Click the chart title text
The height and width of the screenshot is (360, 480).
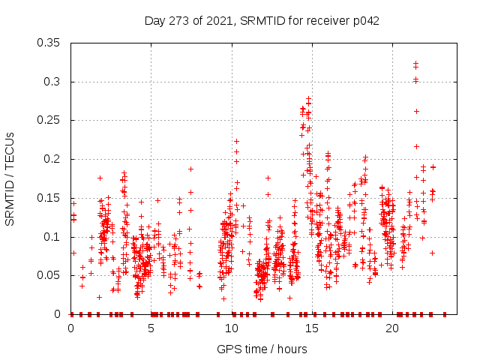262,21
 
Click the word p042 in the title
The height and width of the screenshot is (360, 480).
366,21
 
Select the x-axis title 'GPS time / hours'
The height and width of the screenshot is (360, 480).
262,349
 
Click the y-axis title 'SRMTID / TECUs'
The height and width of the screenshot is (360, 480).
10,179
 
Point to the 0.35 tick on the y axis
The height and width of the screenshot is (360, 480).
50,43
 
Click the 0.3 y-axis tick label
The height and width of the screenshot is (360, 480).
54,82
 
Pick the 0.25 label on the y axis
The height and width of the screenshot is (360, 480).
50,120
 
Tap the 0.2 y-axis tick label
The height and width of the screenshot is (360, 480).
54,159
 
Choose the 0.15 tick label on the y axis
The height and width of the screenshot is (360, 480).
50,198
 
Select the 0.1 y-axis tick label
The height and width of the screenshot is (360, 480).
54,237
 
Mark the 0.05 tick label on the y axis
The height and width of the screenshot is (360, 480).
50,275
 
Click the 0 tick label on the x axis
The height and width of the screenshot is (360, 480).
71,328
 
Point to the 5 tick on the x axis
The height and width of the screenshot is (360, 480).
151,328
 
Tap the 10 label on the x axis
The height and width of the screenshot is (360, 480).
232,328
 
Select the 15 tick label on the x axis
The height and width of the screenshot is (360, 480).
312,328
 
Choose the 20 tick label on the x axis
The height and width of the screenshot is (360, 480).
392,328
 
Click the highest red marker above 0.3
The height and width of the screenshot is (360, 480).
415,64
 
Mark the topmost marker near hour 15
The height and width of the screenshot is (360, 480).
308,98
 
